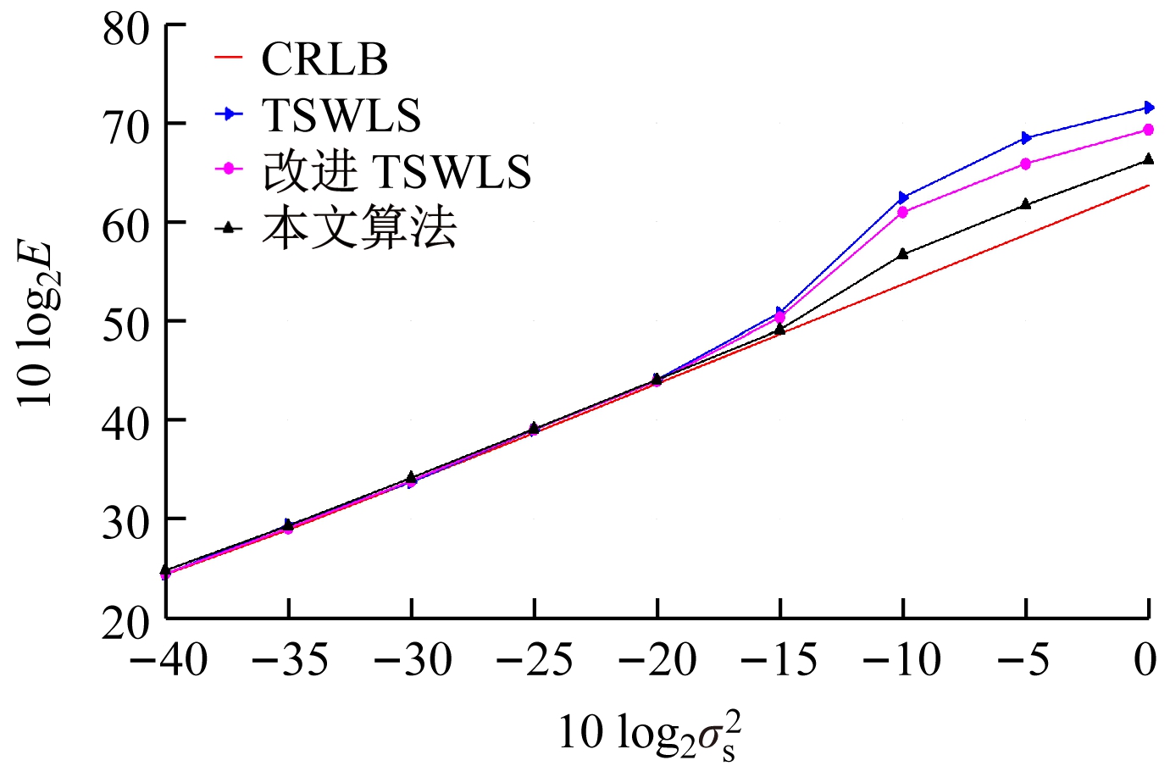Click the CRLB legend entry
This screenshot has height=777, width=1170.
(324, 59)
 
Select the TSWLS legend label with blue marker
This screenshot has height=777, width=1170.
(341, 115)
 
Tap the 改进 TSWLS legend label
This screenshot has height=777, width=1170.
(396, 171)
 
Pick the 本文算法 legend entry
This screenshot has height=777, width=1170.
(359, 228)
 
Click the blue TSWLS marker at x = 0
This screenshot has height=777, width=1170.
(1149, 108)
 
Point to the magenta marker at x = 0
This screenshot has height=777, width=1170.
(1149, 130)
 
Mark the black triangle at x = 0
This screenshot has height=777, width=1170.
(1149, 159)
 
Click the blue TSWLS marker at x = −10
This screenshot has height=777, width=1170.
(903, 197)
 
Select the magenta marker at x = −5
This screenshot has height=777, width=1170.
(1026, 164)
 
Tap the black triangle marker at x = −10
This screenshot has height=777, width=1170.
(903, 253)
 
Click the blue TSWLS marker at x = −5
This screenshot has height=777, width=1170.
(1026, 137)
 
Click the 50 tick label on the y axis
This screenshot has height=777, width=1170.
(126, 322)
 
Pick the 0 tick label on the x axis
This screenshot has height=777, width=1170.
(1145, 661)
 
